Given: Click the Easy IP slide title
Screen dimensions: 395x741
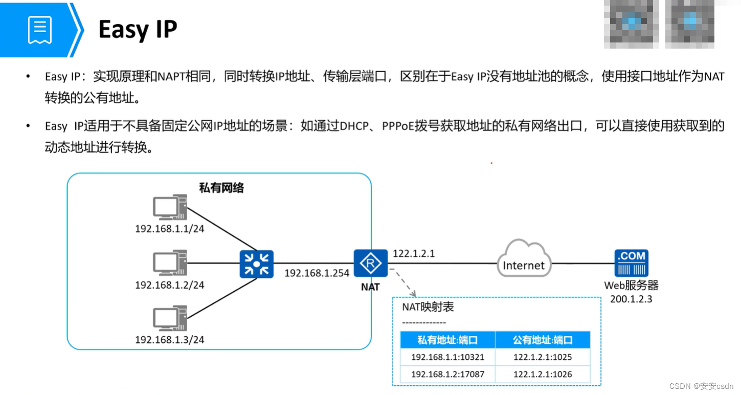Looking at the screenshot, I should click(x=138, y=29).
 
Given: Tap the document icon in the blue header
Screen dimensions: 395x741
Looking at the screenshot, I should click(x=40, y=30).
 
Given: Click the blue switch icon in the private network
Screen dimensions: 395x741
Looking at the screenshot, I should click(x=256, y=264).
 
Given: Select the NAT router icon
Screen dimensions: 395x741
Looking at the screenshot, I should click(x=370, y=264).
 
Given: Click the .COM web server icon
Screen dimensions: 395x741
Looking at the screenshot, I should click(x=632, y=263).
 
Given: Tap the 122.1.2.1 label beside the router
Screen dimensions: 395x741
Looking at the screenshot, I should click(x=414, y=253).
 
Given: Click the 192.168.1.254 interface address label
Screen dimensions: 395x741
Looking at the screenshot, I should click(x=317, y=273).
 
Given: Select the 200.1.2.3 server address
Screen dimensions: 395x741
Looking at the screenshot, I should click(x=631, y=299).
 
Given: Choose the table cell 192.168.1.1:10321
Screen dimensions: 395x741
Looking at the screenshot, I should click(x=447, y=357).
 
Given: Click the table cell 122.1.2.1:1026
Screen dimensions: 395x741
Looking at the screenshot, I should click(x=543, y=374).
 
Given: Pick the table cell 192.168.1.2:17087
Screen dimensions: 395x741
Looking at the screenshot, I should click(x=447, y=374).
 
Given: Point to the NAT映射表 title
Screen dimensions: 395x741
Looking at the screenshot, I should click(x=428, y=308).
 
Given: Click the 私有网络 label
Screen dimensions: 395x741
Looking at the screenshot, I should click(x=221, y=188).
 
